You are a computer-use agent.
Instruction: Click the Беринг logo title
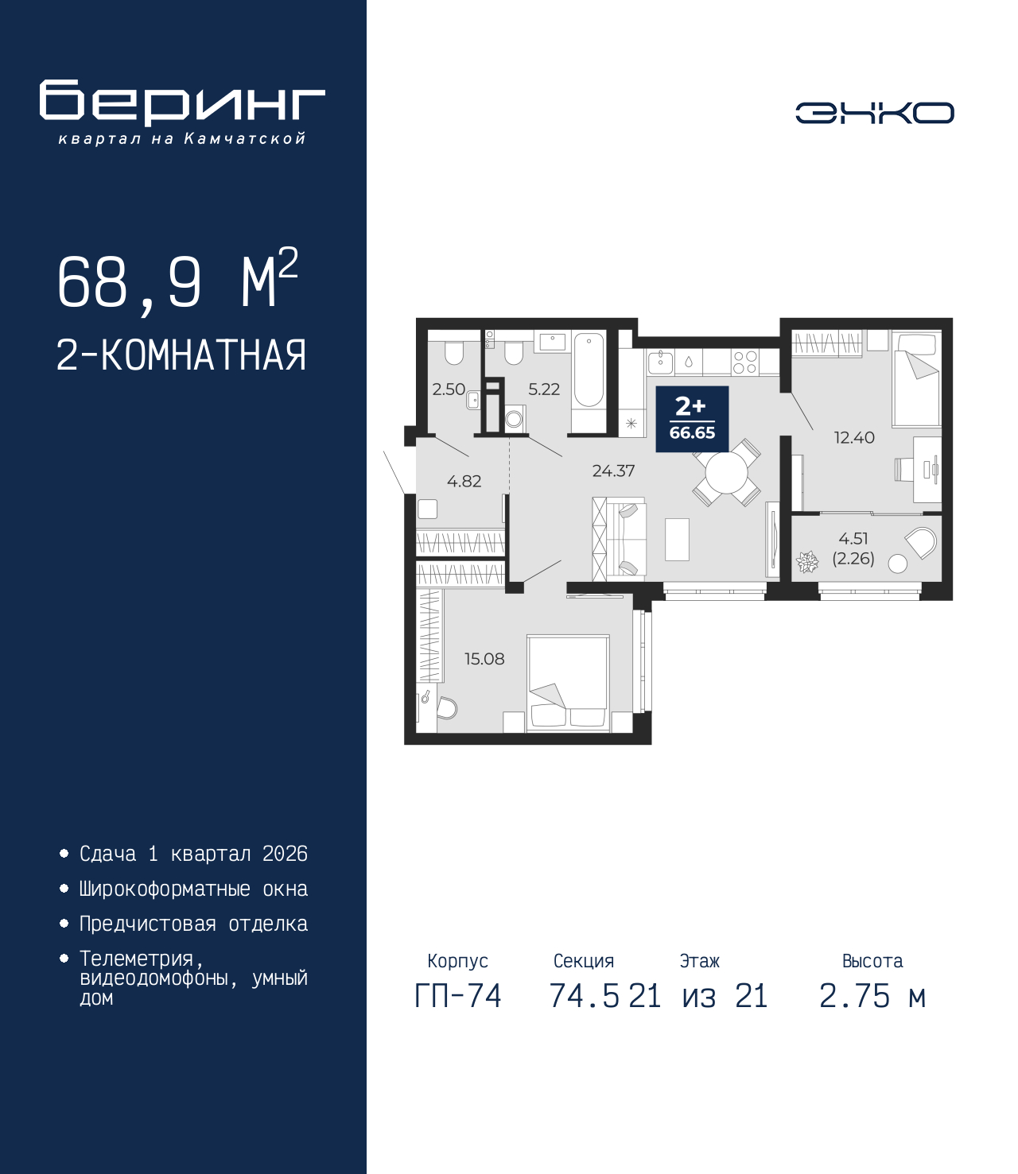click(x=182, y=103)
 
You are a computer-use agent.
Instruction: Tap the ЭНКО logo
click(x=874, y=113)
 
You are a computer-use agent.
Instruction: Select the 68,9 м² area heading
click(x=177, y=281)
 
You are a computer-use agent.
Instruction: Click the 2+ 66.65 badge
click(x=692, y=419)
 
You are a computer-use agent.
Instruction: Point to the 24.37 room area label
click(x=613, y=471)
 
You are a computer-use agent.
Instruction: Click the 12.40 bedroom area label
click(x=854, y=437)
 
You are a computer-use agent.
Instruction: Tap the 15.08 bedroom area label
click(x=484, y=658)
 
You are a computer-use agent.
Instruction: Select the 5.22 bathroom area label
click(x=544, y=389)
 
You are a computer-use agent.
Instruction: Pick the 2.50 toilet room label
click(x=449, y=389)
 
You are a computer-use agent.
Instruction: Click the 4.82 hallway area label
click(x=464, y=481)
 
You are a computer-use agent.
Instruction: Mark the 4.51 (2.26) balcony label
click(x=853, y=548)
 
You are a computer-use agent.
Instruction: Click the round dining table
click(x=727, y=475)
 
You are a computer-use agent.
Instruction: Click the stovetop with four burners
click(x=745, y=362)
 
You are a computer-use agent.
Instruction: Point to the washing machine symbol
click(x=515, y=418)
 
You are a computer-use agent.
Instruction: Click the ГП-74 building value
click(x=458, y=996)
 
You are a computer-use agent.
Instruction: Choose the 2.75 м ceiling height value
click(x=872, y=996)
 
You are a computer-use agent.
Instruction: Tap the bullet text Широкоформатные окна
click(x=193, y=889)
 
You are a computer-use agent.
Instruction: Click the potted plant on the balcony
click(x=807, y=562)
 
